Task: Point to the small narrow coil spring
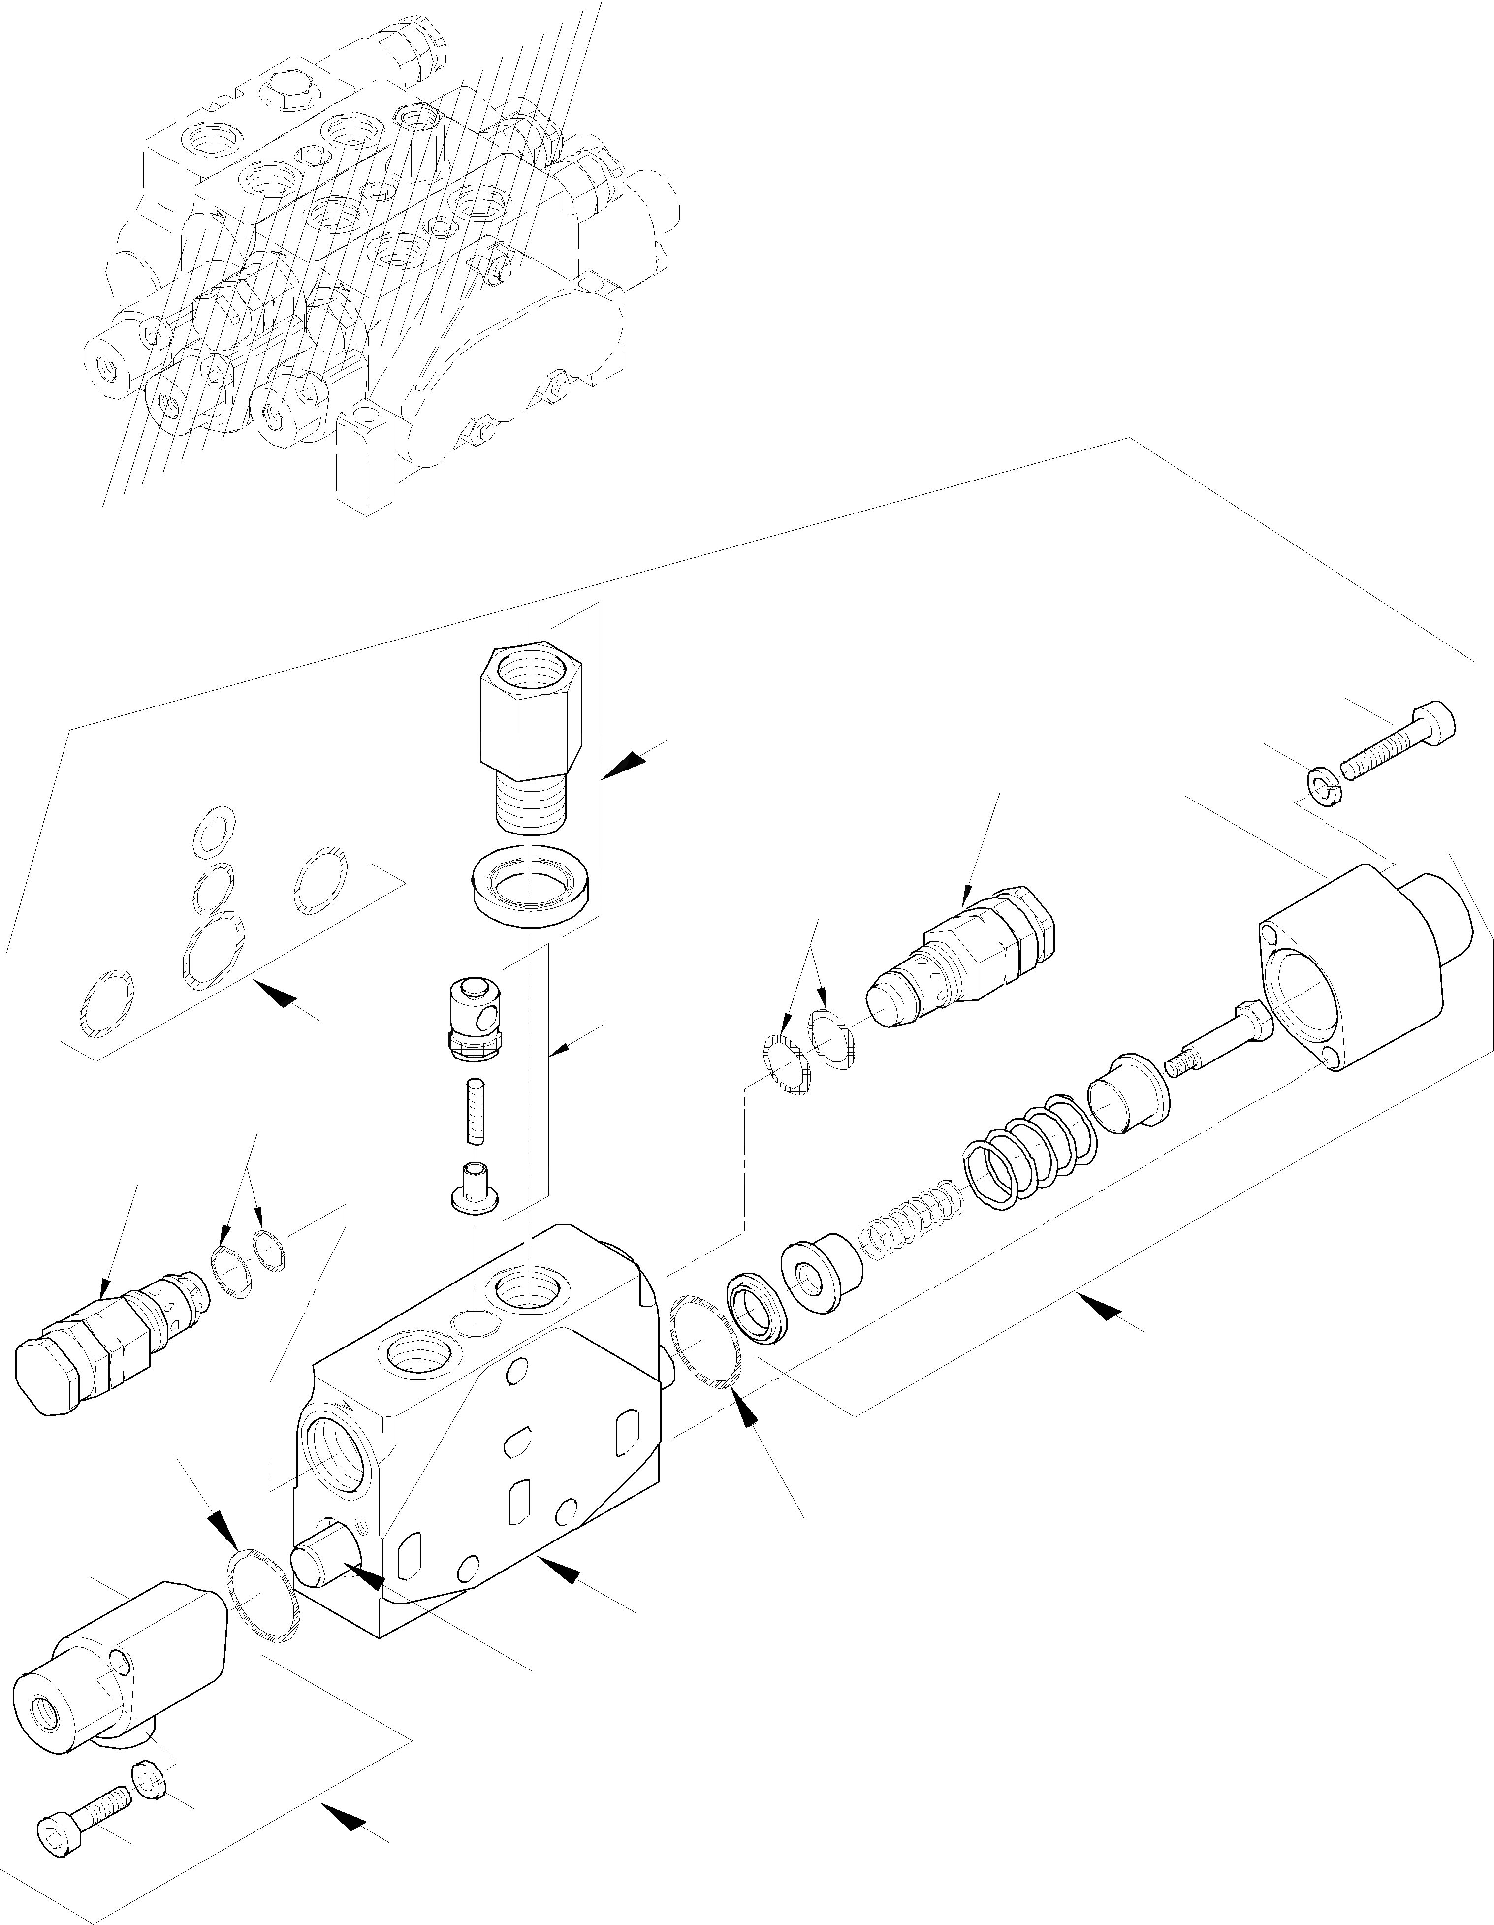coord(908,1219)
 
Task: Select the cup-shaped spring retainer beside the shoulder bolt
coord(1128,1095)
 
